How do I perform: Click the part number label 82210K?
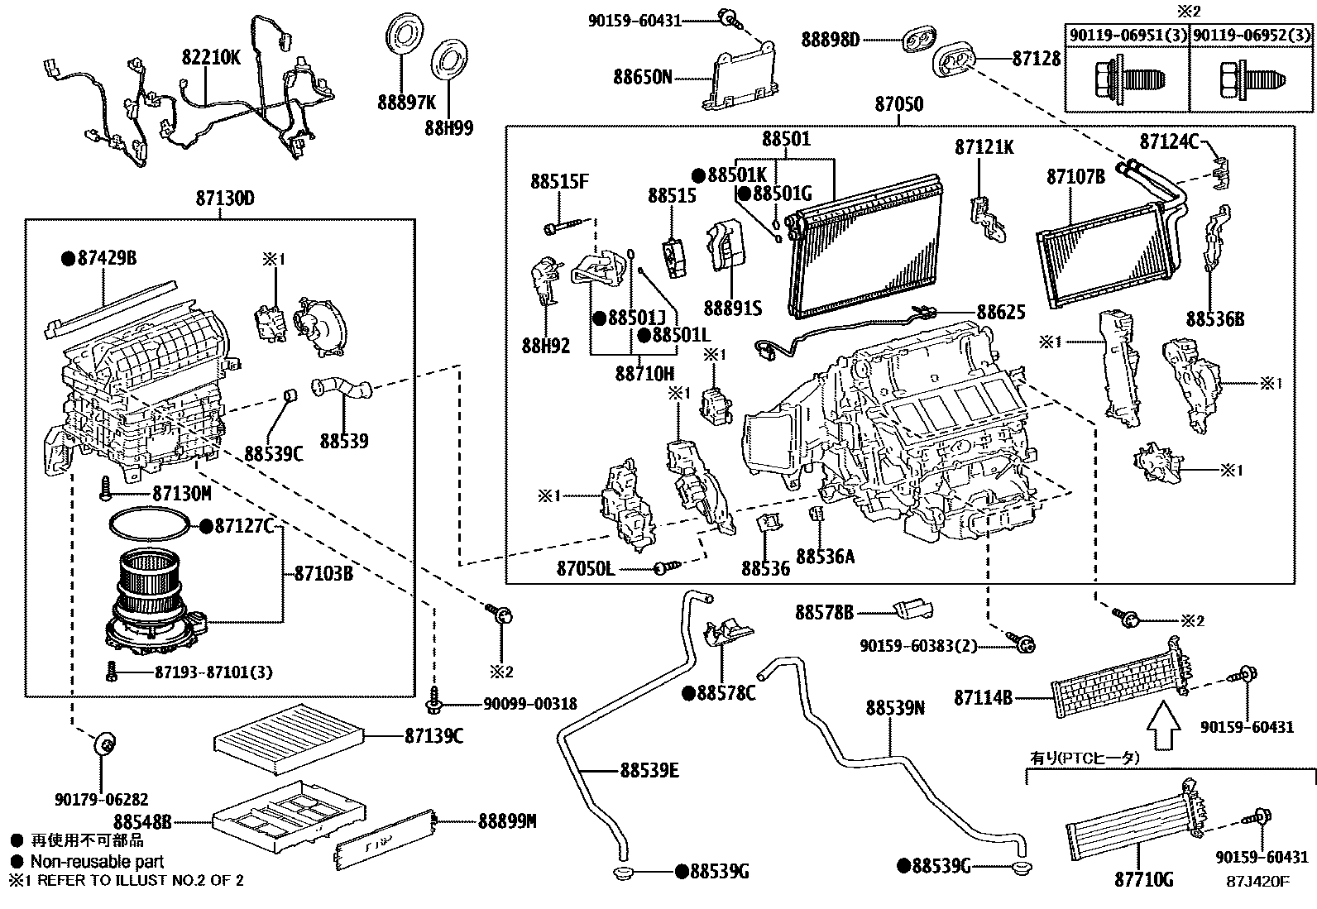tap(211, 56)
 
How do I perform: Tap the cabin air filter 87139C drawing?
tap(289, 734)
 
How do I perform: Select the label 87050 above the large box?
tap(898, 105)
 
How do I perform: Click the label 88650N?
tap(642, 77)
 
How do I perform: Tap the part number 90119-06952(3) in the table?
tap(1252, 36)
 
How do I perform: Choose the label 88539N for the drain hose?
tap(895, 708)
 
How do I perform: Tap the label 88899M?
tap(507, 821)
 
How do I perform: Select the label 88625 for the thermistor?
tap(1001, 312)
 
